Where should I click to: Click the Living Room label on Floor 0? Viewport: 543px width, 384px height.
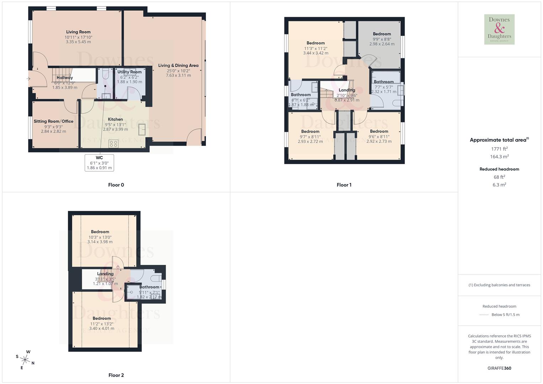coord(78,32)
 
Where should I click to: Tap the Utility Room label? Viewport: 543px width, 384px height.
coord(129,72)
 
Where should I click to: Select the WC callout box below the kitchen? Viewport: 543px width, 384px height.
coord(99,162)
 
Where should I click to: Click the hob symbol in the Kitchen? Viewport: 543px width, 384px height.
coord(113,144)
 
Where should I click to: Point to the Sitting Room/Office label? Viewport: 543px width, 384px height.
coord(53,121)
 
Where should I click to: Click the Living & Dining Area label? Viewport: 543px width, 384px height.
coord(178,65)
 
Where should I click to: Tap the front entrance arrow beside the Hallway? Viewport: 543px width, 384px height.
coord(28,79)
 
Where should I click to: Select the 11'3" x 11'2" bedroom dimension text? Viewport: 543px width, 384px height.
coord(315,49)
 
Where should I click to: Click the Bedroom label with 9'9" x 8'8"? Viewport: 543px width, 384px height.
coord(382,34)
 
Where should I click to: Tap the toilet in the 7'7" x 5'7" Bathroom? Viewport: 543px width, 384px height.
coord(396,103)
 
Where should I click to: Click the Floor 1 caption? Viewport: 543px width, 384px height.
coord(344,185)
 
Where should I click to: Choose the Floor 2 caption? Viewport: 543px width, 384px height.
coord(116,375)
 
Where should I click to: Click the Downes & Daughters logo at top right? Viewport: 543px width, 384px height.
coord(499,29)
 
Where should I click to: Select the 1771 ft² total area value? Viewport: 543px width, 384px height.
coord(499,149)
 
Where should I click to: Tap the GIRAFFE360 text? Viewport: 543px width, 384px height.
coord(499,368)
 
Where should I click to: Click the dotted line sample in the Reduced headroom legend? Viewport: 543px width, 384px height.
coord(484,315)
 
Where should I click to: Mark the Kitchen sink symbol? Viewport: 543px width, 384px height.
coord(142,129)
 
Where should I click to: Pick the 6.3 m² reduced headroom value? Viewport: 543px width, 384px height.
coord(499,185)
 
